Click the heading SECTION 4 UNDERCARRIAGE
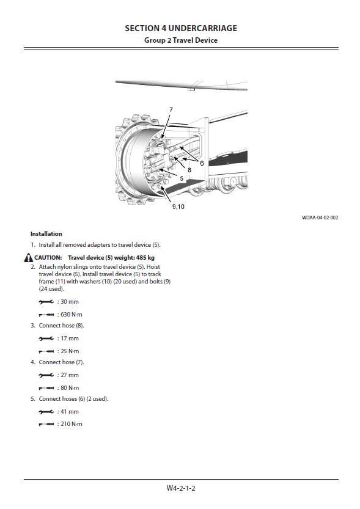[181, 29]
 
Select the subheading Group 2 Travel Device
[181, 40]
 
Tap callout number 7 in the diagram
[171, 110]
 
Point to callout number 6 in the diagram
[202, 163]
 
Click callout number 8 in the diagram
[189, 170]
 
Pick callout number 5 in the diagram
[182, 178]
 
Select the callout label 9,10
[178, 207]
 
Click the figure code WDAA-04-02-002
[320, 218]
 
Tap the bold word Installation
[46, 233]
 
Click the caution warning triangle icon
[29, 258]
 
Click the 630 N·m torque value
[72, 315]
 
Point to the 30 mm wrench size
[70, 302]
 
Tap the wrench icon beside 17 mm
[46, 339]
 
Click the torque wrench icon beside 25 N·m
[46, 351]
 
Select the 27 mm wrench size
[70, 375]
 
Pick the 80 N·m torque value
[70, 388]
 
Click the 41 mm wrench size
[70, 412]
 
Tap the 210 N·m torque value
[72, 424]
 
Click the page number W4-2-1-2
[181, 488]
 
